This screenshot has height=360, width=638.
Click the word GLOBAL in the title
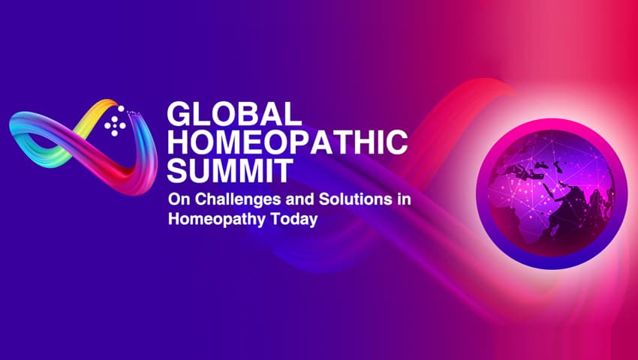[233, 115]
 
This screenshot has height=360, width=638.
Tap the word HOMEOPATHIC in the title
[287, 143]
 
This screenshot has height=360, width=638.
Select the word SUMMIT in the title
[227, 171]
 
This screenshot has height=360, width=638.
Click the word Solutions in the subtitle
[342, 200]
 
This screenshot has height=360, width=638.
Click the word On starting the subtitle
[177, 200]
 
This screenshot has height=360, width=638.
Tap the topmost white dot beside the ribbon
[115, 109]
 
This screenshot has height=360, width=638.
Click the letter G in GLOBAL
[179, 115]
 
